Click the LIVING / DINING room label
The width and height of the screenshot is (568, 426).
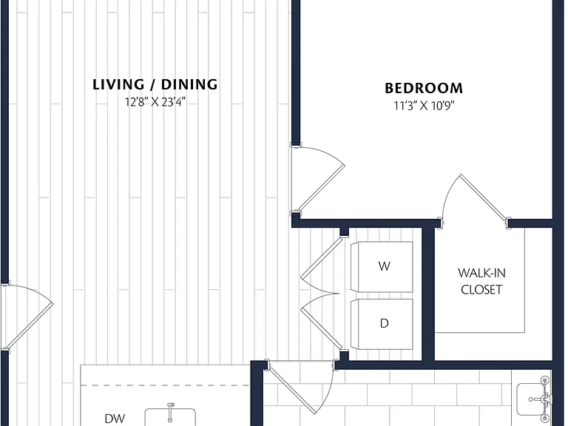point(155,84)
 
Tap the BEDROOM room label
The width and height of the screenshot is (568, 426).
point(424,88)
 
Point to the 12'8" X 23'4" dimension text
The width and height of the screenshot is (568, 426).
point(155,102)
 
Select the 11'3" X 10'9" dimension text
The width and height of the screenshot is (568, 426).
point(424,106)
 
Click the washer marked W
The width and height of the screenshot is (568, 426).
point(382,266)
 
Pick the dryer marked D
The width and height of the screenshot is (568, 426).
point(382,324)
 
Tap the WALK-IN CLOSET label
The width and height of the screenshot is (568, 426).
point(481,281)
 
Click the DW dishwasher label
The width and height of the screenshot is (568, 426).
point(115,419)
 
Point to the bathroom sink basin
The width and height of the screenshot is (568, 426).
point(532,399)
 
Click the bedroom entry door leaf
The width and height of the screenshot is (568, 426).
point(320,189)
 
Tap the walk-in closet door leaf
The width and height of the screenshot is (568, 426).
point(484,197)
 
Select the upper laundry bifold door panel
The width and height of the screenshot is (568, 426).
point(321,258)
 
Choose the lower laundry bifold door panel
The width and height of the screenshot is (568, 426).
point(321,328)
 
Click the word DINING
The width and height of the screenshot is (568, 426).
point(189,84)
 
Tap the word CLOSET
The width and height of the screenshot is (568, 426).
point(481,289)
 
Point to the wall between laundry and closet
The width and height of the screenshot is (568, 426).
point(428,294)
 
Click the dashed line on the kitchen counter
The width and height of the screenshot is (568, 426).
point(165,385)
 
